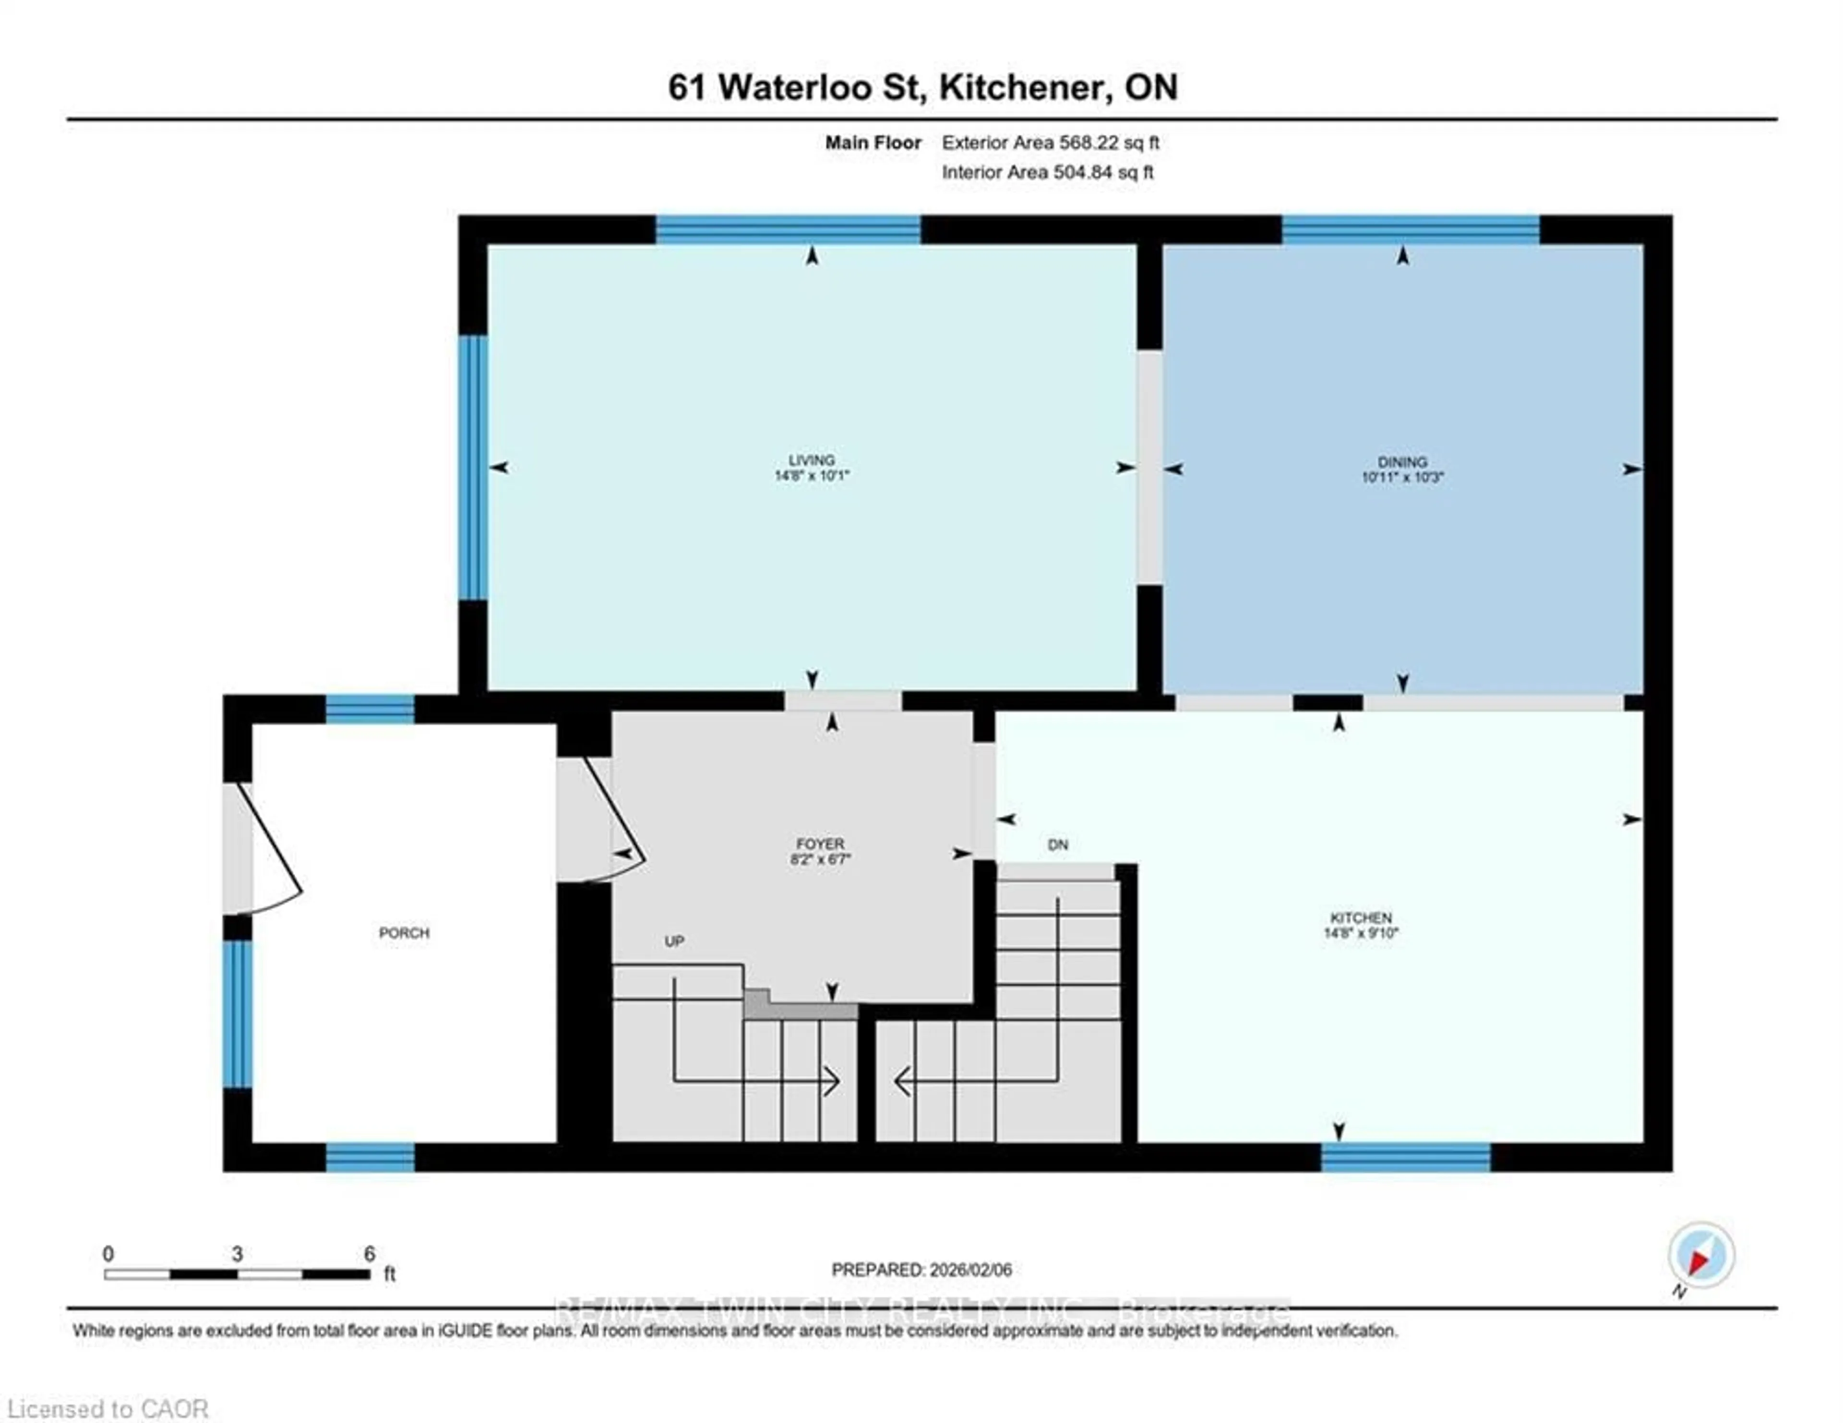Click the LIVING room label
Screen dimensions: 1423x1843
[x=811, y=460]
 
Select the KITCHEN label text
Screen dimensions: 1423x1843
[x=1360, y=917]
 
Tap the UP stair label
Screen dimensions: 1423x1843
[x=673, y=941]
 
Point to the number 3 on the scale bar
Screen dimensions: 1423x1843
[x=237, y=1254]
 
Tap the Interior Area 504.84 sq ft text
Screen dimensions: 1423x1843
[x=1047, y=172]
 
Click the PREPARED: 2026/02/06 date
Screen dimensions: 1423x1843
[x=921, y=1269]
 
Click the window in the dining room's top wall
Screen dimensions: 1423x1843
[x=1410, y=229]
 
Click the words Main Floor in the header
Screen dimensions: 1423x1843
[x=873, y=143]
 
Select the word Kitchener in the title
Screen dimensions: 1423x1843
[x=1020, y=87]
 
